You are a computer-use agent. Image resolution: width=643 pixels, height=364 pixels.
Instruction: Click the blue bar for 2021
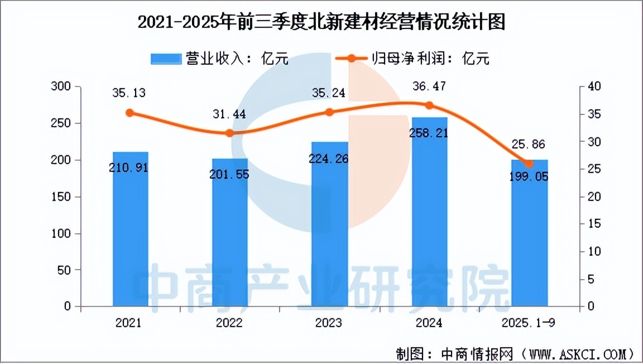point(130,234)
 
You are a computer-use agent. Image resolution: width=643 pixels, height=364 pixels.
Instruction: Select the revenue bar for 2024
point(429,223)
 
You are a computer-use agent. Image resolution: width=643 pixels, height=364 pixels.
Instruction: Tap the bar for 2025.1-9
point(529,240)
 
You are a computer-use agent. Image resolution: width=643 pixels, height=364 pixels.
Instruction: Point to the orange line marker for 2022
point(229,133)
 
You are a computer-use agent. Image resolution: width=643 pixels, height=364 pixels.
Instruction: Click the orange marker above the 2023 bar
point(329,112)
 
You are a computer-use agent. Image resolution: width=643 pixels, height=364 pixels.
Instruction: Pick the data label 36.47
point(429,87)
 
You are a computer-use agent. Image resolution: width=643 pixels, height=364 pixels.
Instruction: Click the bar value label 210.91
point(129,167)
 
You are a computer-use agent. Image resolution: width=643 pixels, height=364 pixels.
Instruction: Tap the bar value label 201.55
point(229,174)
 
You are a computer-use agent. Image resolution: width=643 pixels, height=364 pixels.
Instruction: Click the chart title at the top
point(321,22)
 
